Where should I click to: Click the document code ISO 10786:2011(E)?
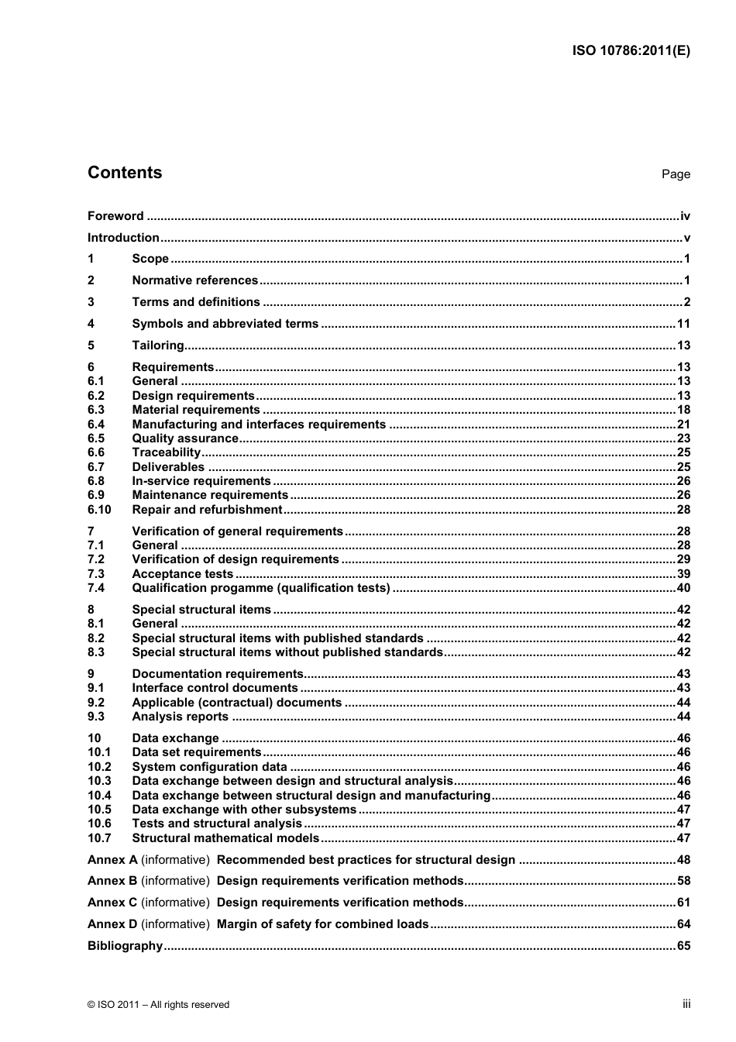tap(631, 51)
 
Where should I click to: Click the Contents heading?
tap(125, 173)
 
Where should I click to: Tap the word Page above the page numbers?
tap(676, 174)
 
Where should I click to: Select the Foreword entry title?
tap(115, 216)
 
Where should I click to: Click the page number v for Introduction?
tap(686, 238)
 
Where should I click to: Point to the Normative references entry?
tap(194, 280)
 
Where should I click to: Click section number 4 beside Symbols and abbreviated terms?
tap(91, 324)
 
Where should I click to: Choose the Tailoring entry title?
tap(158, 346)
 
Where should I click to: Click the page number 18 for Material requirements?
tap(683, 410)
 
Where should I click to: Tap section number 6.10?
tap(99, 510)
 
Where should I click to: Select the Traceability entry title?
tap(167, 452)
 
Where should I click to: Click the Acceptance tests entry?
tap(182, 574)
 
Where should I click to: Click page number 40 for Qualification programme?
tap(683, 588)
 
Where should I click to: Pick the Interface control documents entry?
tap(215, 688)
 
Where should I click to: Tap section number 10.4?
tap(99, 796)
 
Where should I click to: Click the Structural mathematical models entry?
tap(225, 838)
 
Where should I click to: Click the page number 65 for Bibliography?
tap(683, 946)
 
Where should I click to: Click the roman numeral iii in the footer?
tap(686, 1004)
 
